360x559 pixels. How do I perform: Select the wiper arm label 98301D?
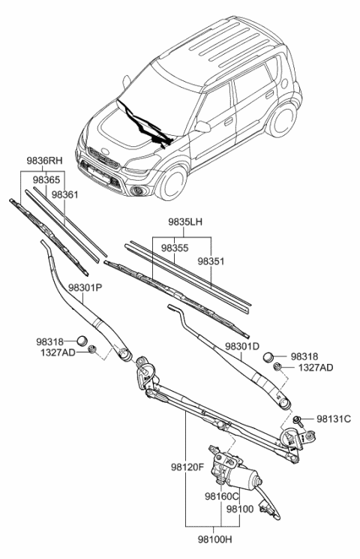click(x=241, y=347)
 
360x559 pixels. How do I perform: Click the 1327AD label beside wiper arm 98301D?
click(x=316, y=368)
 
